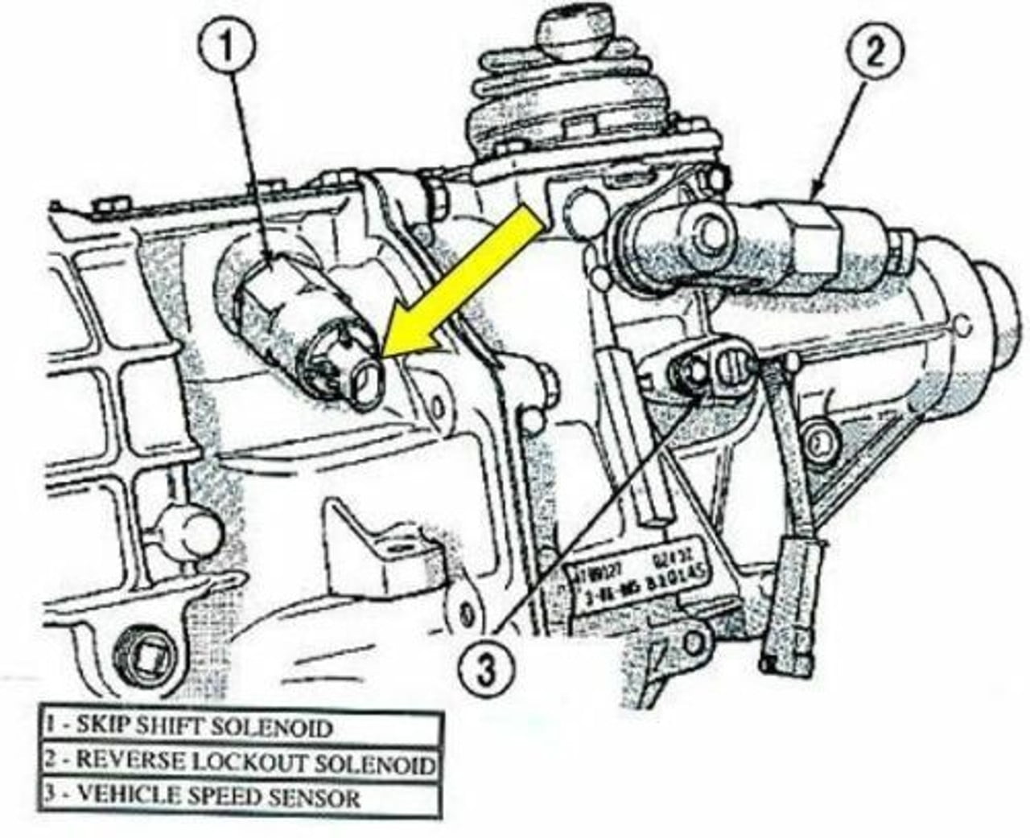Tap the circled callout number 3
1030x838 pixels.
(x=485, y=669)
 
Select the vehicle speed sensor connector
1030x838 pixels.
(x=712, y=372)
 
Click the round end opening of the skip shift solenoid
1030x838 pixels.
(x=369, y=376)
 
